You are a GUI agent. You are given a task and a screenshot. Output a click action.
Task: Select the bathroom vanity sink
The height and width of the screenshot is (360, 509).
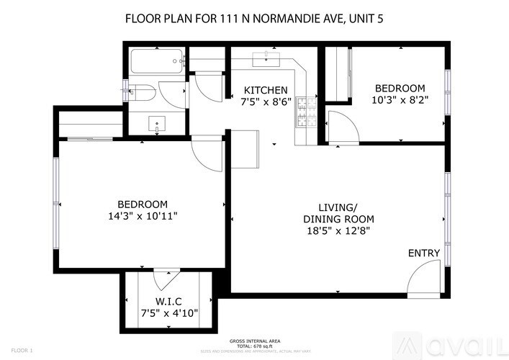tap(158, 123)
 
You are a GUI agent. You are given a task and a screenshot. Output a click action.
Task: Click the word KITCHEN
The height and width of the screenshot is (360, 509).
tap(266, 89)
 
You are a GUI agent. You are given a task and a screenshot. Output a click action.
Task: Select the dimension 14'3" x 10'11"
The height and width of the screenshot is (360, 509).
tap(143, 215)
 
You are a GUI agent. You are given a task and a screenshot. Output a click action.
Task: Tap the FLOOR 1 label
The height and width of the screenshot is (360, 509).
tap(22, 350)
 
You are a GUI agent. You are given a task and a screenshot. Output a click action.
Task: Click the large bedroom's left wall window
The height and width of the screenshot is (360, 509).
tap(55, 195)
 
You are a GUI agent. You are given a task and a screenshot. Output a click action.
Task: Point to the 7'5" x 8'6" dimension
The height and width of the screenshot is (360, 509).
tap(266, 102)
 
